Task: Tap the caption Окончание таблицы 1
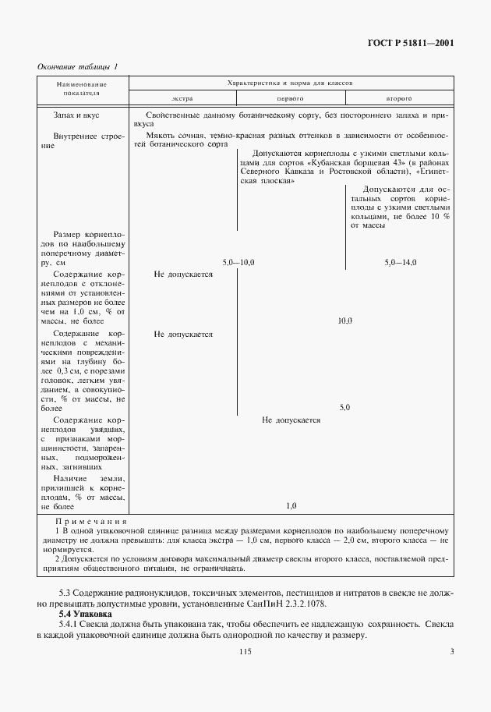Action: click(78, 67)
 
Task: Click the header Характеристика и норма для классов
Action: click(290, 82)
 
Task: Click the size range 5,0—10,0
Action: click(238, 263)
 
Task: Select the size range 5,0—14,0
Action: click(400, 263)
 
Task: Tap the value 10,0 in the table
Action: click(344, 321)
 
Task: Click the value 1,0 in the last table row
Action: click(291, 505)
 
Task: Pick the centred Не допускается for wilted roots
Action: click(291, 420)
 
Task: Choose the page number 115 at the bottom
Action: click(246, 652)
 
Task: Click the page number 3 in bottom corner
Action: click(451, 652)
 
